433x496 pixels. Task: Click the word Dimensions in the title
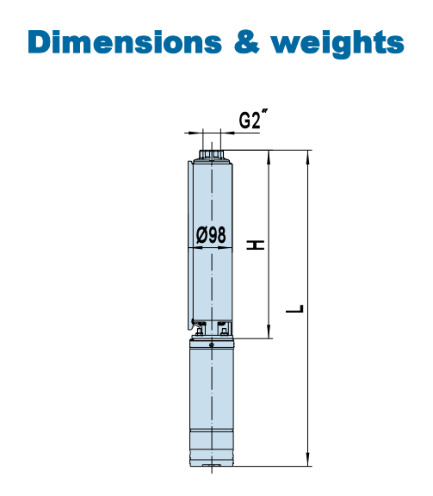point(125,42)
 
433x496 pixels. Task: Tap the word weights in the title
point(337,44)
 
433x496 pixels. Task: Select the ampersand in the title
point(247,42)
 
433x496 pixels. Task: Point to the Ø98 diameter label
point(211,235)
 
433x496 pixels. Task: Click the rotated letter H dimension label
point(256,245)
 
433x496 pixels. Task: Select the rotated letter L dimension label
point(294,309)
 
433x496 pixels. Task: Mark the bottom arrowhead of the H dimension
point(269,332)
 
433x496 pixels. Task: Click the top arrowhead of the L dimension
point(308,158)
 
